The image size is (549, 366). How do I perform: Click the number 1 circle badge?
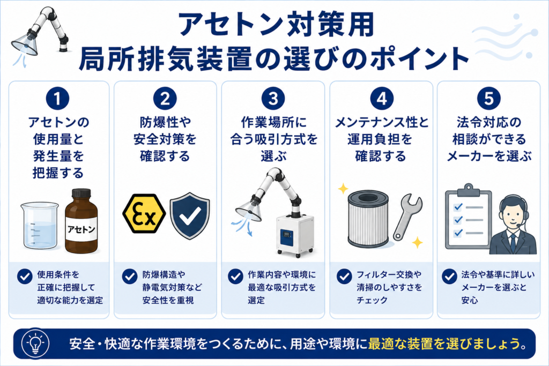click(57, 98)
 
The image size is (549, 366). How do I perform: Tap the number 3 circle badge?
click(273, 98)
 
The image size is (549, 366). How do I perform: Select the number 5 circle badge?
click(489, 98)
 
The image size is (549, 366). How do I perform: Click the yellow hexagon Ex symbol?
click(144, 213)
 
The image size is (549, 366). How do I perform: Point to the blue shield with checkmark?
click(190, 215)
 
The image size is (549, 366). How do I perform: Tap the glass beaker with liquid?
click(40, 226)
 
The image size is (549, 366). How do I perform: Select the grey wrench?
click(407, 216)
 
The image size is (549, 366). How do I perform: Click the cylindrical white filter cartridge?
click(368, 219)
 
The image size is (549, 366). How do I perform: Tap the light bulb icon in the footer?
click(35, 343)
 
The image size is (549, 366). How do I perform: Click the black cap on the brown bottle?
click(81, 194)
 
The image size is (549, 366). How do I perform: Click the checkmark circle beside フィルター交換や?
click(344, 276)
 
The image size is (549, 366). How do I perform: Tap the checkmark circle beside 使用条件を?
click(25, 276)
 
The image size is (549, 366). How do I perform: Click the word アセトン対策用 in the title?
click(276, 25)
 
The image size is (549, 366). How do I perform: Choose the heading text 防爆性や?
click(165, 122)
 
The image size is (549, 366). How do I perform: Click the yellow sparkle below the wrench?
click(417, 243)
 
